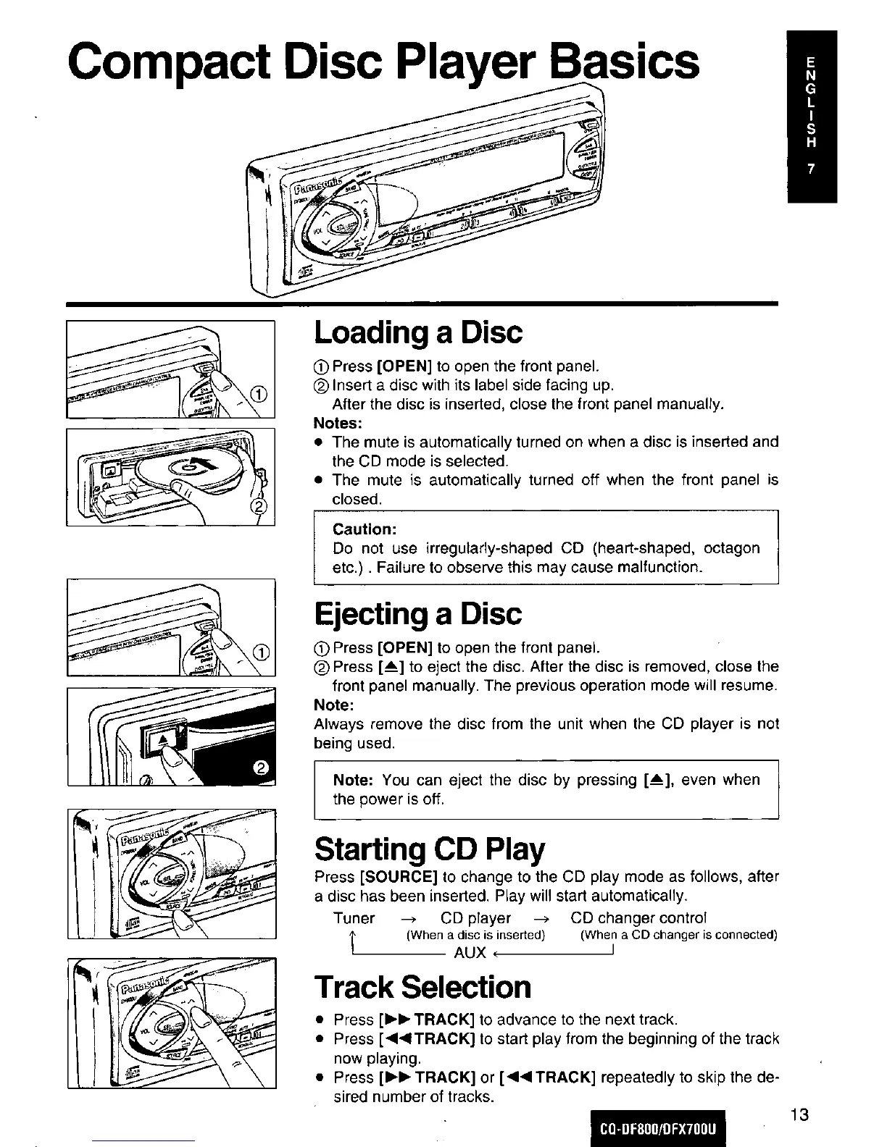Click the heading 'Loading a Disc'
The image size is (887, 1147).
(x=417, y=332)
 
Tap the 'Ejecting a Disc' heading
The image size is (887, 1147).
(x=417, y=614)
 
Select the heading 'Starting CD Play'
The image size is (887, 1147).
(x=430, y=848)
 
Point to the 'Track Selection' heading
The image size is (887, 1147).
(x=422, y=986)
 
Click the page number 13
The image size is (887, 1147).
(x=799, y=1114)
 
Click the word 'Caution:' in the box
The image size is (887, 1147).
(x=365, y=529)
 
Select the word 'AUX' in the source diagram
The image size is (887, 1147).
(x=469, y=952)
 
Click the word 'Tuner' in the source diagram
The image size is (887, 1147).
(x=354, y=918)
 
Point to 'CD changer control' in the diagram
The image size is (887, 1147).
(x=638, y=918)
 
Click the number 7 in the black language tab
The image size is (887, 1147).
(x=812, y=169)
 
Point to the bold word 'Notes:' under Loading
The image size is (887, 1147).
(x=338, y=422)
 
